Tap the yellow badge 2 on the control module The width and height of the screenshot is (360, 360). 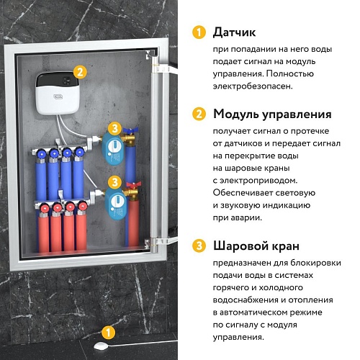pyautogui.click(x=81, y=71)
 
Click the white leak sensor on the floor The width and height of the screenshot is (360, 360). pyautogui.click(x=100, y=348)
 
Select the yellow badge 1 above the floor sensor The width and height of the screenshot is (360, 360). pyautogui.click(x=108, y=332)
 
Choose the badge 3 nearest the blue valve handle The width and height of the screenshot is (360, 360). pyautogui.click(x=114, y=129)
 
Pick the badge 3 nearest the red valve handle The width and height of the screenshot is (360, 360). pyautogui.click(x=114, y=183)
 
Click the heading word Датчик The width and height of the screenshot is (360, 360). pyautogui.click(x=235, y=32)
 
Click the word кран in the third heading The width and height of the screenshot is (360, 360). pyautogui.click(x=294, y=246)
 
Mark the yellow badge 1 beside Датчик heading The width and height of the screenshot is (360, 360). pyautogui.click(x=198, y=32)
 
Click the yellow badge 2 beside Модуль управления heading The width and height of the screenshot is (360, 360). pyautogui.click(x=198, y=114)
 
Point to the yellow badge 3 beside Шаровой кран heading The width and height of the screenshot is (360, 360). pyautogui.click(x=198, y=246)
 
